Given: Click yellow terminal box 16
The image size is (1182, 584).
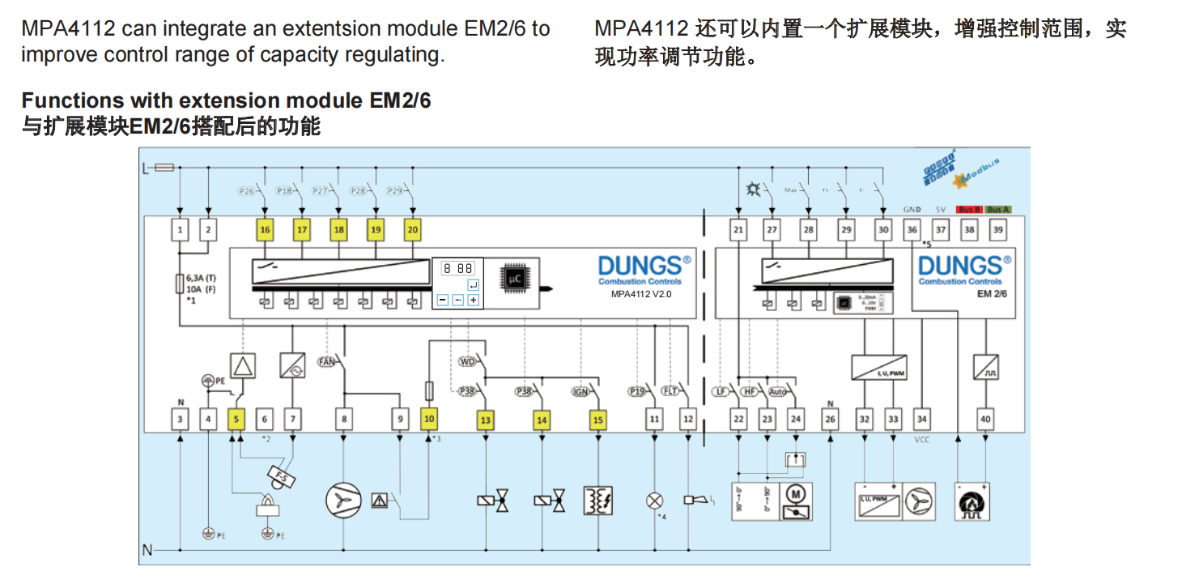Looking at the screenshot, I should click(265, 230).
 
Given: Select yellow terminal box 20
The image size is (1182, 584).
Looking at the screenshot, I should click(413, 230).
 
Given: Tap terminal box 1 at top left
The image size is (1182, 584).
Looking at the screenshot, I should click(180, 230).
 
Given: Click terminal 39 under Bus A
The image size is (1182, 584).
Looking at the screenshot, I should click(998, 230).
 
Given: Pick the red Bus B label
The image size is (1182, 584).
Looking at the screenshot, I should click(969, 209).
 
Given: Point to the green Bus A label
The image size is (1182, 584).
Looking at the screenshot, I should click(998, 209).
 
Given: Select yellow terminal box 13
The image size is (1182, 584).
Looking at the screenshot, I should click(485, 420).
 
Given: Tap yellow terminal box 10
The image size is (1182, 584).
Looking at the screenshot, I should click(429, 420).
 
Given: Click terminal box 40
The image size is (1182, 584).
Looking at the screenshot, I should click(985, 420).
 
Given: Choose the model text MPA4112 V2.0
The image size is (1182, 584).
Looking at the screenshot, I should click(641, 295).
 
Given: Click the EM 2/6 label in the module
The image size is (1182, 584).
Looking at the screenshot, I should click(997, 294).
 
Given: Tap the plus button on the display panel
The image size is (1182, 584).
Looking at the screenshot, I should click(473, 300).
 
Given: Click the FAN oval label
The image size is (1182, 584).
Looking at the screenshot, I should click(326, 361).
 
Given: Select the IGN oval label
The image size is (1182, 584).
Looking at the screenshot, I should click(580, 391).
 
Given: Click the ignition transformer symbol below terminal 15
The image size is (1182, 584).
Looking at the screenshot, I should click(597, 500).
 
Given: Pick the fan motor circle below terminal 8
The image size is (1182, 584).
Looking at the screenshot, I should click(343, 501).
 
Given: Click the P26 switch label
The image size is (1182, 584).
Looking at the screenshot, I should click(246, 191).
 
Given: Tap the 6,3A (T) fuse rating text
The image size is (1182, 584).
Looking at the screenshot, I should click(201, 277).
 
